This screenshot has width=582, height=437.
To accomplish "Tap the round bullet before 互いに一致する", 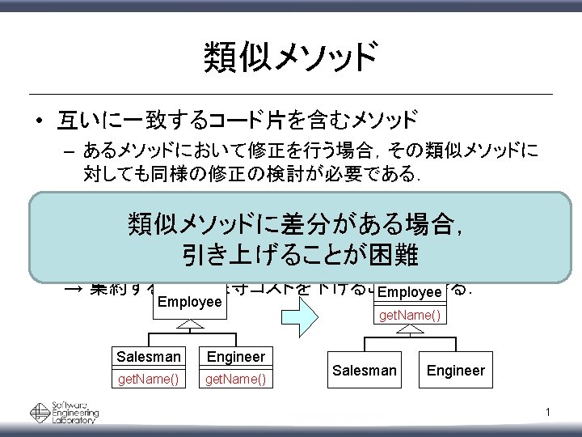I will pos(39,123).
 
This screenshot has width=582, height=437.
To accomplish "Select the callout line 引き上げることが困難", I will pos(298,256).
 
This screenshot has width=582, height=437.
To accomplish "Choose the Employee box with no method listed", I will pos(190,301).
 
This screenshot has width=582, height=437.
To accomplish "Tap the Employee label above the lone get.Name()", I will pos(408,291).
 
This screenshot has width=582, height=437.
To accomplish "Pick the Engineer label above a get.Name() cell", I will pos(236,357).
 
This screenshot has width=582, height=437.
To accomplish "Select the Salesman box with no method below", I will pos(365,370).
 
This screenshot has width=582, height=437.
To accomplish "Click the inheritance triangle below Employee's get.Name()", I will pos(410,331).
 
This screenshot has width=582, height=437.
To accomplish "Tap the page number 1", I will pos(548,415).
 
